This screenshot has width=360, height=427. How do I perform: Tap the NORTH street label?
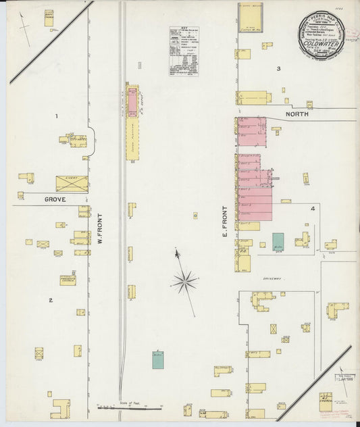(297, 115)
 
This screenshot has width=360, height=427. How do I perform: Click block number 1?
(57, 116)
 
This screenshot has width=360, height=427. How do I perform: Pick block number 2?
(50, 299)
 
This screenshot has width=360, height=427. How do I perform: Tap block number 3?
(278, 69)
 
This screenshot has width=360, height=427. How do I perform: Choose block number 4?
(313, 209)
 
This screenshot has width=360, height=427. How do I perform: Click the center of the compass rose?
(184, 280)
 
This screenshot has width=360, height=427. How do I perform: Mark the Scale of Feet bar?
(131, 407)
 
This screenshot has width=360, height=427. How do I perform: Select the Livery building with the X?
(72, 184)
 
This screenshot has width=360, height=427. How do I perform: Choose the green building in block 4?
(278, 242)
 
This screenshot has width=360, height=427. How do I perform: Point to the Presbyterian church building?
(68, 280)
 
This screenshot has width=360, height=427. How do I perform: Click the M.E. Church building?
(326, 399)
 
